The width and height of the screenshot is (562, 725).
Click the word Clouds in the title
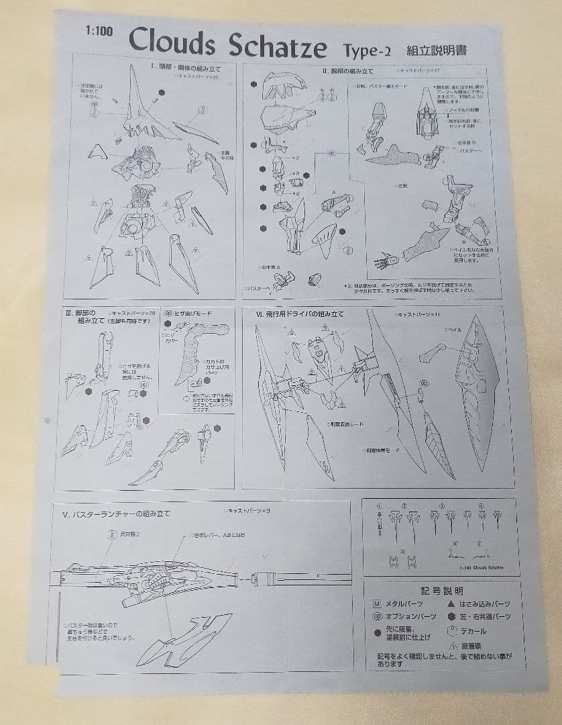pos(172,43)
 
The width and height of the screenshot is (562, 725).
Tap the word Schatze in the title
pos(277,46)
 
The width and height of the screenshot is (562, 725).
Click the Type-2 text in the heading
pos(369,50)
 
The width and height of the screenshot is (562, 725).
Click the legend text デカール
pos(473,631)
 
